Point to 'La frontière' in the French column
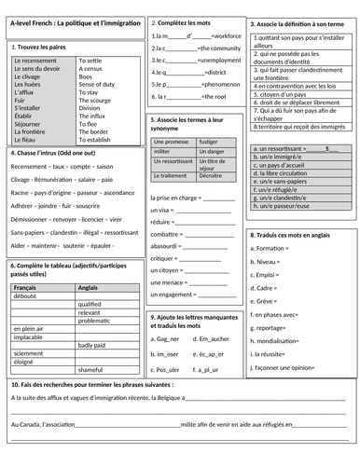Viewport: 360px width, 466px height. tap(31, 131)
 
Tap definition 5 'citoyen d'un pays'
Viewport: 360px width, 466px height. tap(285, 94)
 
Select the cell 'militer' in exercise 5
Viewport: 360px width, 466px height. tap(162, 151)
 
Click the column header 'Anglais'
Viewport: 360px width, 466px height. tap(90, 288)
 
